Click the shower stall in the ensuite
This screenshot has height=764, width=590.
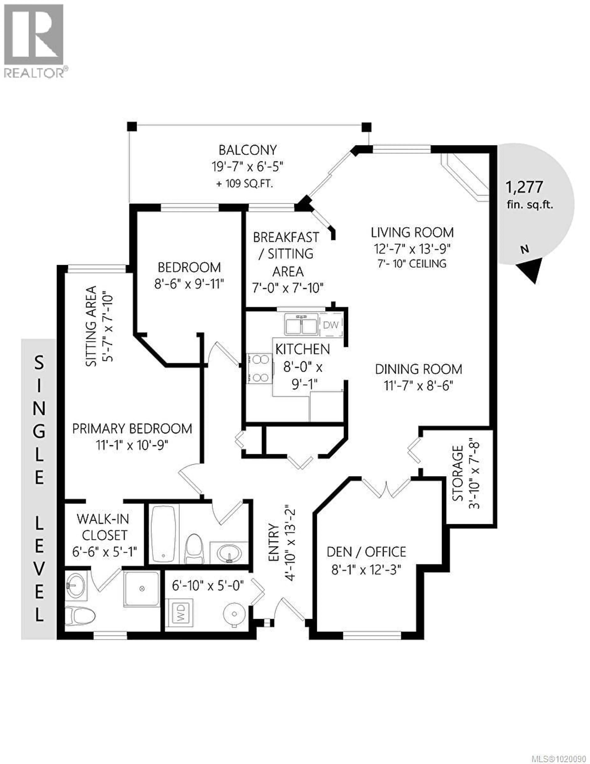pyautogui.click(x=142, y=589)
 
